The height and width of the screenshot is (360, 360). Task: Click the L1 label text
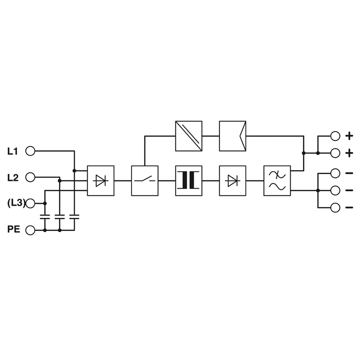13,152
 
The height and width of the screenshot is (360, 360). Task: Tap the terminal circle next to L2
30,177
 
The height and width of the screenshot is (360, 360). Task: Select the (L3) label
16,203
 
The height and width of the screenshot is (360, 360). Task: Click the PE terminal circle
30,230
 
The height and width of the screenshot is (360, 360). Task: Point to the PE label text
14,229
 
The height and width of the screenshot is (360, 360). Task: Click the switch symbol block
144,181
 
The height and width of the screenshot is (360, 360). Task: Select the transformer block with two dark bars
189,181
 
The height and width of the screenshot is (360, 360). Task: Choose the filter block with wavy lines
277,181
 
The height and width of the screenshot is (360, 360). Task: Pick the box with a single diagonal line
189,136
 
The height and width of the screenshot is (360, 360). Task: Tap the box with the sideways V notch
233,136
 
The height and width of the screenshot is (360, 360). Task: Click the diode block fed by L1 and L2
100,181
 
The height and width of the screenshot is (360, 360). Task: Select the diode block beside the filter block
233,181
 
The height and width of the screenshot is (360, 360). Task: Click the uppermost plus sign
349,136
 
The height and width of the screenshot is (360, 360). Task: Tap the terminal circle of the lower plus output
335,153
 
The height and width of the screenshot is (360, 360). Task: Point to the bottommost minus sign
349,207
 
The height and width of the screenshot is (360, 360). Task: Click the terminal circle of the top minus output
335,173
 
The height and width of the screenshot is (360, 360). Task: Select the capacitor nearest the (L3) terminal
45,217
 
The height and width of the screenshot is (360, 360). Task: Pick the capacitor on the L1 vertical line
74,217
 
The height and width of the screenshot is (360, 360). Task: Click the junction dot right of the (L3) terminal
45,203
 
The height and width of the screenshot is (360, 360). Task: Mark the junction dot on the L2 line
60,181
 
